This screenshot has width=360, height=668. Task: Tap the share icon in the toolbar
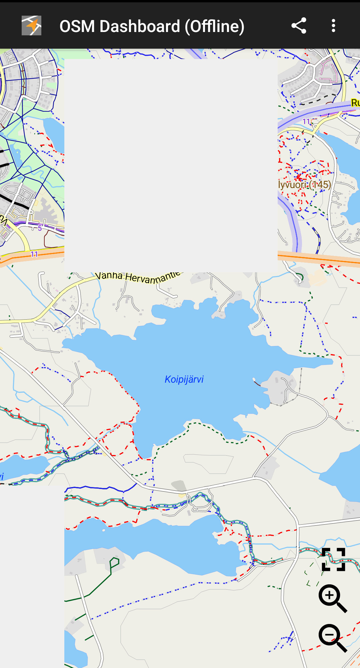(x=299, y=26)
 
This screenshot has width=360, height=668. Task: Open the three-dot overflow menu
(x=333, y=26)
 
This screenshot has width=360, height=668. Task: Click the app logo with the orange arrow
(x=31, y=26)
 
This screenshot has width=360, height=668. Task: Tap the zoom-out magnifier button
(x=332, y=638)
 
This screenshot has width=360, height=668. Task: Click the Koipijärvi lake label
(x=184, y=379)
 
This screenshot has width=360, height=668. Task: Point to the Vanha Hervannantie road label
(x=138, y=277)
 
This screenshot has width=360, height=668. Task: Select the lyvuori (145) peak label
(x=305, y=185)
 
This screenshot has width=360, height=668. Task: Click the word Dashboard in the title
(x=140, y=26)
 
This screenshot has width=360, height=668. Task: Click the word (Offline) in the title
(x=215, y=26)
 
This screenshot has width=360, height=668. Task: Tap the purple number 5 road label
(x=40, y=228)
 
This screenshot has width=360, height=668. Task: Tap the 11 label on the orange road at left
(x=34, y=254)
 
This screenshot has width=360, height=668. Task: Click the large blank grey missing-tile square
(x=171, y=165)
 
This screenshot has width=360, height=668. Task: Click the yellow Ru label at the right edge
(x=355, y=103)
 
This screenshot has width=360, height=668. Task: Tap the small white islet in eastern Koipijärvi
(x=254, y=379)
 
